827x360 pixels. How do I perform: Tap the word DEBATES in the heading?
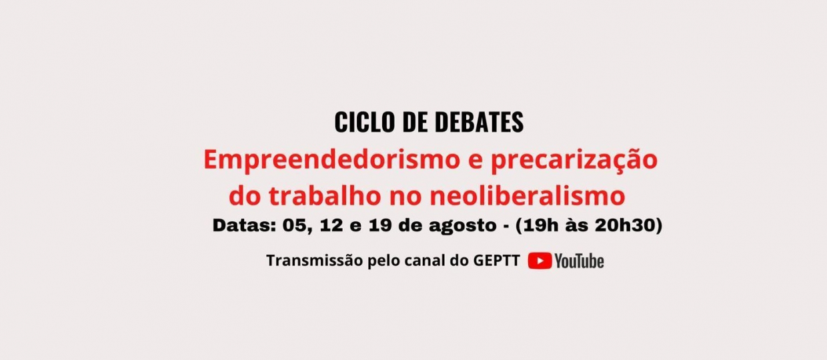pyautogui.click(x=480, y=122)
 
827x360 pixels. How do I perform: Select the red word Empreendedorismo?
pyautogui.click(x=332, y=160)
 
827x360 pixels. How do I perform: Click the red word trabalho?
pyautogui.click(x=325, y=195)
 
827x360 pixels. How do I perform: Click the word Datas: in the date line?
pyautogui.click(x=244, y=225)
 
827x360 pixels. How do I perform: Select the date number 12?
pyautogui.click(x=331, y=225)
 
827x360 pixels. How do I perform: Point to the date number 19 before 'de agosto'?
pyautogui.click(x=380, y=225)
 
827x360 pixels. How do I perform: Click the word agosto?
pyautogui.click(x=463, y=226)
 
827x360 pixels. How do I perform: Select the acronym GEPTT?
pyautogui.click(x=497, y=261)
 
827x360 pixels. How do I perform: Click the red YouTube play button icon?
pyautogui.click(x=540, y=261)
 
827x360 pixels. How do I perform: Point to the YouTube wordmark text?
pyautogui.click(x=580, y=261)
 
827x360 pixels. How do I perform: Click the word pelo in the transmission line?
pyautogui.click(x=383, y=261)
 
